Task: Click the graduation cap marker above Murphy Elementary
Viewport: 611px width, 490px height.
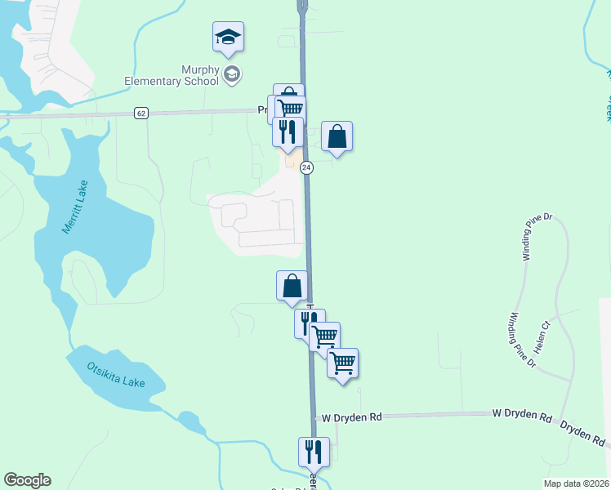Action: click(x=229, y=37)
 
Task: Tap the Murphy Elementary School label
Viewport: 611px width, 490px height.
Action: click(x=171, y=74)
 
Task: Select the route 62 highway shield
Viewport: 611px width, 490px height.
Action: click(x=141, y=113)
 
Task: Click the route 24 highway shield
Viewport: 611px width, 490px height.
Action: click(x=306, y=167)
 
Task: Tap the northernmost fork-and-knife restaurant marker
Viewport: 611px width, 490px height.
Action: click(x=288, y=131)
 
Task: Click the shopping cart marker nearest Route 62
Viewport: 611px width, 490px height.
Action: click(x=290, y=109)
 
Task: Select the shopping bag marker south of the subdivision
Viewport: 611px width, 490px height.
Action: click(x=292, y=286)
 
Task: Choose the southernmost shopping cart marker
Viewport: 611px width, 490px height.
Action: click(x=343, y=363)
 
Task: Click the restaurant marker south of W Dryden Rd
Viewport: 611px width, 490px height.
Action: click(x=312, y=452)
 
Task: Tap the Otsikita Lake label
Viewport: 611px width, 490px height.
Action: click(x=114, y=378)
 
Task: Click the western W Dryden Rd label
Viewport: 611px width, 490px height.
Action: click(x=351, y=416)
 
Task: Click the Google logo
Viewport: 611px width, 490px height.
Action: click(x=27, y=480)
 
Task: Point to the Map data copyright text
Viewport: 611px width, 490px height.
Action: click(x=576, y=483)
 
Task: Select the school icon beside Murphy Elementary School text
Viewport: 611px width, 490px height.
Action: click(x=232, y=75)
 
